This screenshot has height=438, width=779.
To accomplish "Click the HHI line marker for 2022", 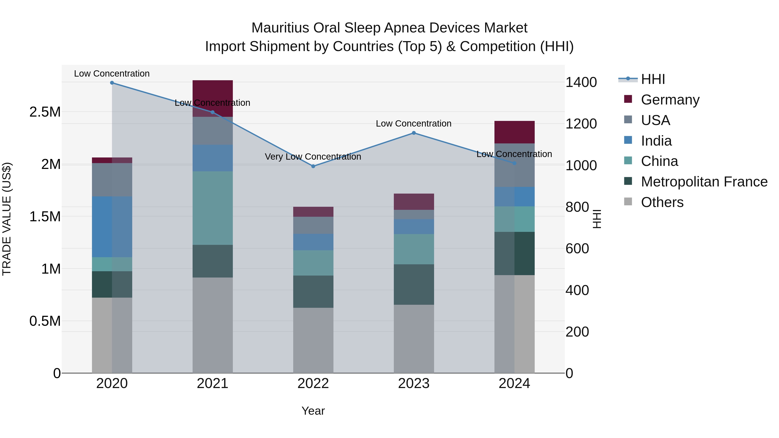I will click(313, 166).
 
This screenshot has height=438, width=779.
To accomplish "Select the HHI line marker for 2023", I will click(414, 133).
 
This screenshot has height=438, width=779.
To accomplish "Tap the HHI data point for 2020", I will click(112, 83).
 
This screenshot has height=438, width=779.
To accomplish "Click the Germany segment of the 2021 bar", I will click(212, 91).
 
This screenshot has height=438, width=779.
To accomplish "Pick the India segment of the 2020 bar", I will click(112, 227).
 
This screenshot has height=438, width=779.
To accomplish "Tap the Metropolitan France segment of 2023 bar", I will click(414, 284).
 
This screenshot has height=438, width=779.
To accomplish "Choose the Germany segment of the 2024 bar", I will click(514, 132).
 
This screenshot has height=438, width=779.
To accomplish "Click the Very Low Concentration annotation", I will click(313, 157).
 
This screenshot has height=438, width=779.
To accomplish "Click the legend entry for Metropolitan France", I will click(704, 182).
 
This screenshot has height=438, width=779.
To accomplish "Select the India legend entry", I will click(656, 141).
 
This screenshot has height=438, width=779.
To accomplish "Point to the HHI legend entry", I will click(653, 79).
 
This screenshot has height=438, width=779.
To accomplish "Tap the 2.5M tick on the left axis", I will click(45, 112).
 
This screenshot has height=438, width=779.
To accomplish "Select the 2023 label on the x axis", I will click(414, 383).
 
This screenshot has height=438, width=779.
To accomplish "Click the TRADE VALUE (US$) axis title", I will click(7, 219).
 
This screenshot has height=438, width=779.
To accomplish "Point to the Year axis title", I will click(313, 411).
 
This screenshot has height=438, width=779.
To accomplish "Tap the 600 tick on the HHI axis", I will click(577, 249).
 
